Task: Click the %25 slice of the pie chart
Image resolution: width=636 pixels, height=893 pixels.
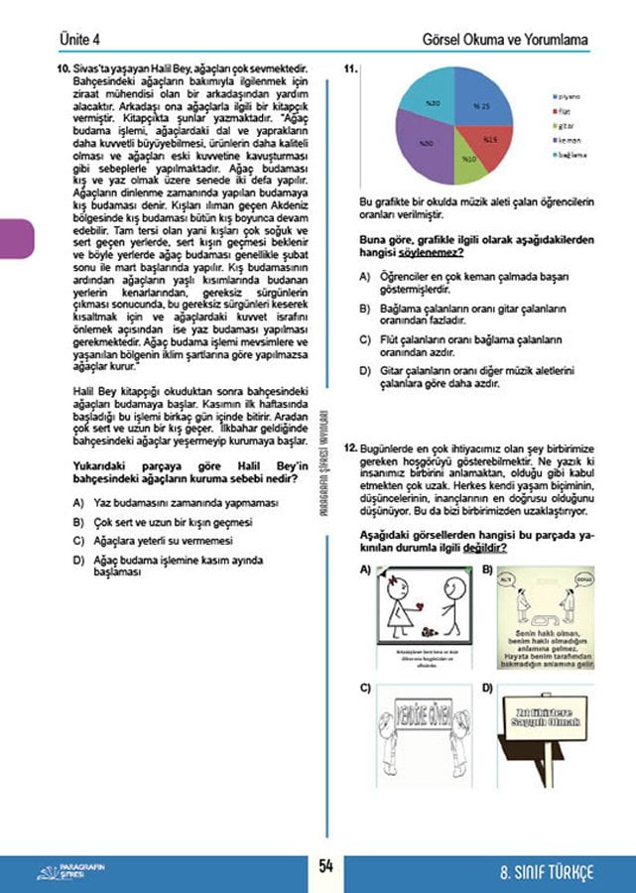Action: [480, 107]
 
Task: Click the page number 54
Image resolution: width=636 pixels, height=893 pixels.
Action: [324, 866]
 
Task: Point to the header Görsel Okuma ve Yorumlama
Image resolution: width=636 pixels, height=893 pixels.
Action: [505, 40]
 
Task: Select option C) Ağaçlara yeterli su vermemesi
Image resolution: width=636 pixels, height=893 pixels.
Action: [159, 541]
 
